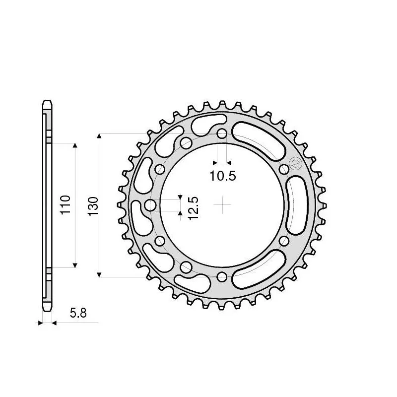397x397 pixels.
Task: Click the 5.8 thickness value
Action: tap(78, 313)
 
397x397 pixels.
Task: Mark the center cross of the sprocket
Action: tap(222, 204)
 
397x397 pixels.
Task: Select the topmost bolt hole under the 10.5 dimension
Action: tap(222, 134)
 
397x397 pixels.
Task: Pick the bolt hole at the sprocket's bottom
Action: tap(222, 276)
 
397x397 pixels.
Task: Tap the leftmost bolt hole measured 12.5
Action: tap(151, 205)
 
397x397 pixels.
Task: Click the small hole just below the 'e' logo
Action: tap(284, 170)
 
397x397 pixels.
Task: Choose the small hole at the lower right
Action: tap(284, 241)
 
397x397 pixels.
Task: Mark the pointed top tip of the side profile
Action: tap(47, 101)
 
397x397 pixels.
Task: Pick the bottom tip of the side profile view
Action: tap(47, 310)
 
